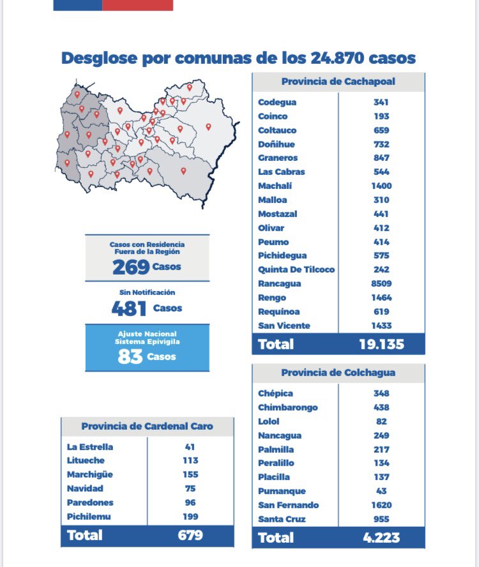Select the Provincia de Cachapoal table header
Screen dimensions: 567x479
pos(338,82)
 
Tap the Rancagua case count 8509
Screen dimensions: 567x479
pos(382,283)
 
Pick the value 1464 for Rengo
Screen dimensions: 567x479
pos(382,298)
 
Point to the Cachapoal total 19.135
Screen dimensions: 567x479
pos(381,344)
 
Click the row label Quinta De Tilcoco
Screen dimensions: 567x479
pos(296,269)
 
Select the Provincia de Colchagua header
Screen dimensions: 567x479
pos(338,373)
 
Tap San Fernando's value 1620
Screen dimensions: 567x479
pos(381,505)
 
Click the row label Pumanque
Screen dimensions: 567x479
pos(282,491)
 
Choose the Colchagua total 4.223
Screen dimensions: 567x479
pos(381,538)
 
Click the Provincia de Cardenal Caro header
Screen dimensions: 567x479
pos(147,427)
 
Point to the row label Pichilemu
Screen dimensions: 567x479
pos(89,516)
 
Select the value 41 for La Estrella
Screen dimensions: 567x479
pos(190,447)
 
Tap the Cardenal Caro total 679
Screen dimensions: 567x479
pos(190,535)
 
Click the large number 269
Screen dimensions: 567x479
pos(130,267)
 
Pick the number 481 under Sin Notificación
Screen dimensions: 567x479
pos(128,308)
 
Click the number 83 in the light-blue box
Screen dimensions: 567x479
pos(130,357)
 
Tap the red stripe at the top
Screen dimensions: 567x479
pos(137,4)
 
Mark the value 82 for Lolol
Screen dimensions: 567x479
pos(381,421)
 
